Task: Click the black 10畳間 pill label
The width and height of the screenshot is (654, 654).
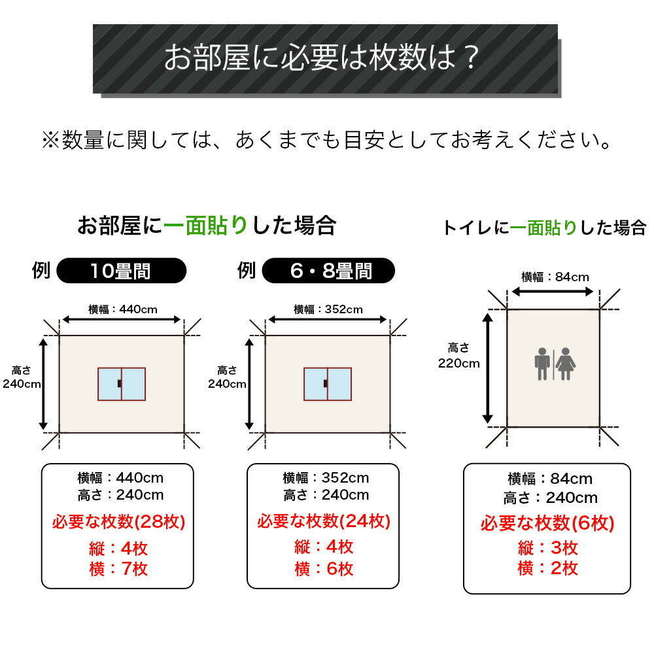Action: pos(122,271)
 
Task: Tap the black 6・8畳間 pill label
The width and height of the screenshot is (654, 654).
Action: pos(328,271)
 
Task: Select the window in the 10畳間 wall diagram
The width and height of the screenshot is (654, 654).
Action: pos(122,384)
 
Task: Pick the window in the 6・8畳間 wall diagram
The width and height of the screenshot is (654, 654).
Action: pos(328,384)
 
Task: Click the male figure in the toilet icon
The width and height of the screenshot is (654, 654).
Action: pos(542,364)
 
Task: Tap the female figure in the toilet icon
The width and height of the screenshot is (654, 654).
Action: pos(566,364)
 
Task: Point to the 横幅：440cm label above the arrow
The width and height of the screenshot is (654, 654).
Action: pos(123,309)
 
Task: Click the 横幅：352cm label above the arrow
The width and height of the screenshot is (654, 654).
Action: pos(328,309)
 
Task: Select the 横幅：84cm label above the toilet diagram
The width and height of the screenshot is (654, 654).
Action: pos(555,277)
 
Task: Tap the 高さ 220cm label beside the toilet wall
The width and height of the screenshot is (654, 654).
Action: pos(459,355)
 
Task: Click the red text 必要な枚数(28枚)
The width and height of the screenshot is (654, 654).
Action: pos(118,522)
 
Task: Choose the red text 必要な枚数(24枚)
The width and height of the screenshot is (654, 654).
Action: pos(324,521)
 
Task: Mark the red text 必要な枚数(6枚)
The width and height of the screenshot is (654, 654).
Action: pos(547,523)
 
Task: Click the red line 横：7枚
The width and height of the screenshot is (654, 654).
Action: pos(118,569)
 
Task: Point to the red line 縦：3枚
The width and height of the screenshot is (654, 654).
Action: pos(547,548)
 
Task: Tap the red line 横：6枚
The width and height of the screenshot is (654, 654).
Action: pos(324,569)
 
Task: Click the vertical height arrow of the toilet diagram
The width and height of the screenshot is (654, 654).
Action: pos(488,368)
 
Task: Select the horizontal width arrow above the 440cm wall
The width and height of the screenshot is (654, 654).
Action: pos(122,320)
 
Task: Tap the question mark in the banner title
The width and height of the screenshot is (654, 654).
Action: pos(472,58)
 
